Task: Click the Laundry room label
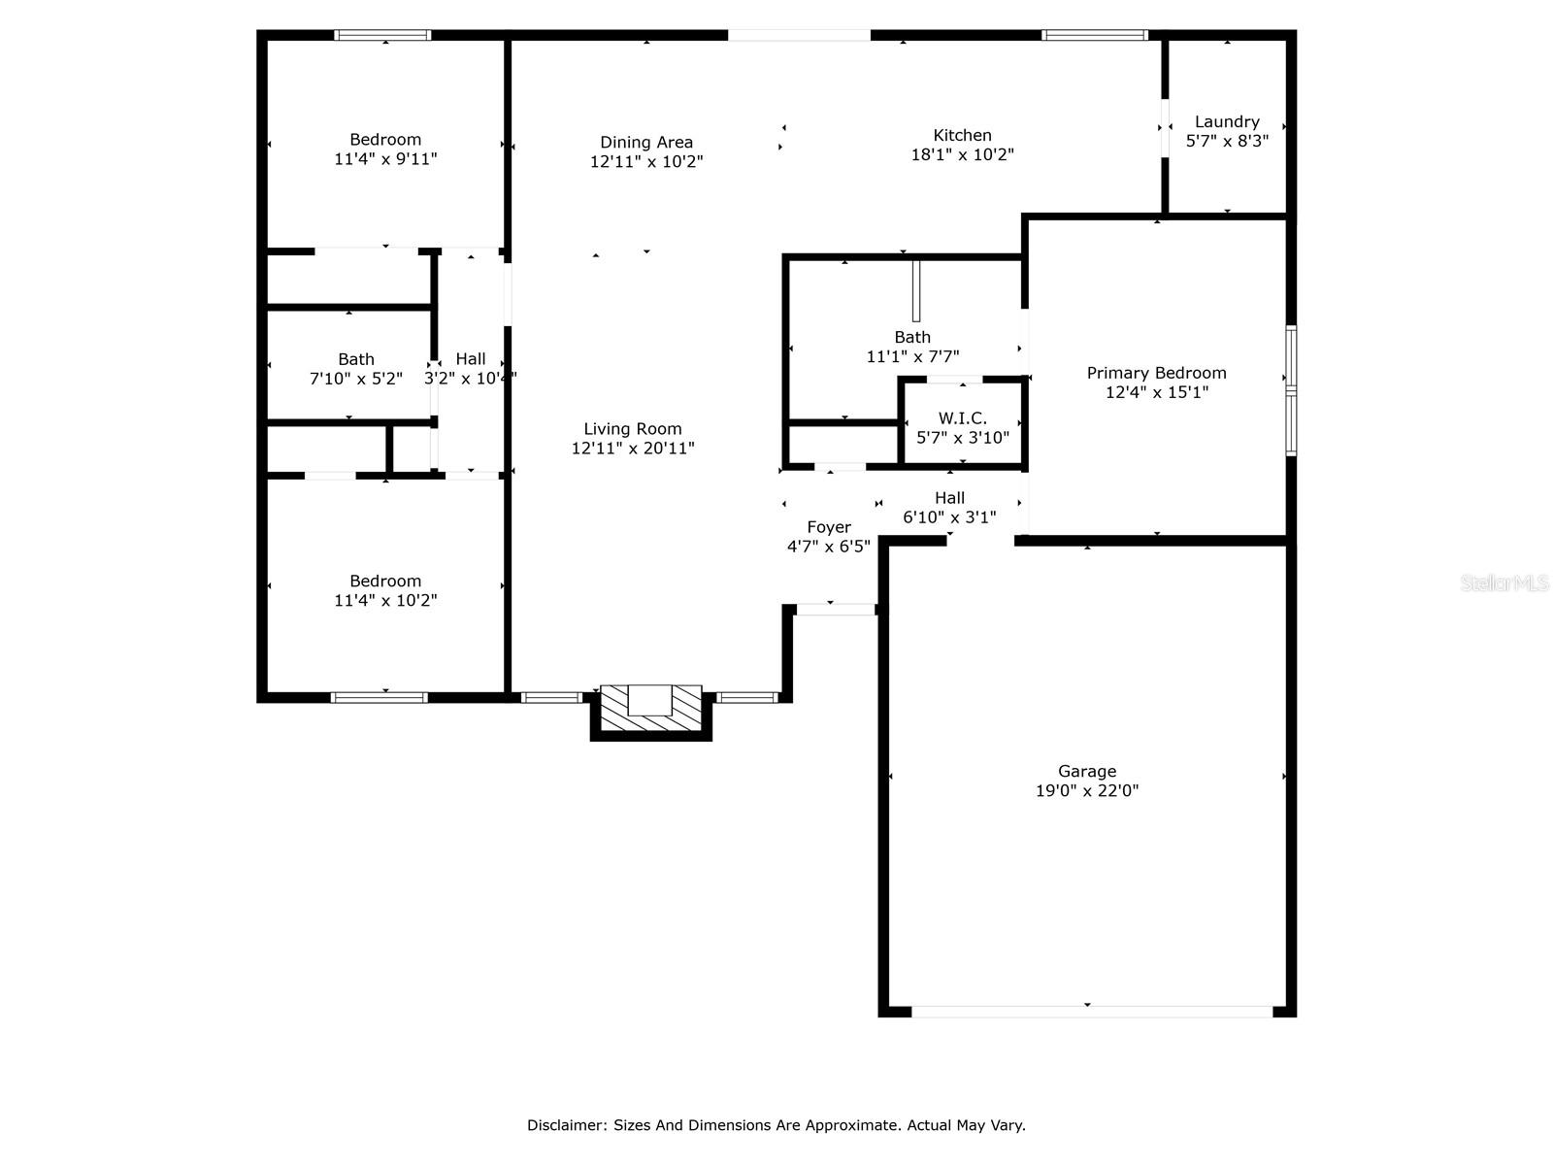[1227, 122]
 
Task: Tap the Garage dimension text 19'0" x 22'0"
[1087, 791]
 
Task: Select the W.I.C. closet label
[962, 418]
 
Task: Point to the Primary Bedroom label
[1156, 373]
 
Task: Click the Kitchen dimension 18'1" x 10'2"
[962, 154]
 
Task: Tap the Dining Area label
[646, 143]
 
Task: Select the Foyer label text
[829, 527]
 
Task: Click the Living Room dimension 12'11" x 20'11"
[633, 449]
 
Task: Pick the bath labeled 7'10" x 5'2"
[356, 369]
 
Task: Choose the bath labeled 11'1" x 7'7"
[912, 347]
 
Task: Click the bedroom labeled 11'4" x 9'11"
[385, 149]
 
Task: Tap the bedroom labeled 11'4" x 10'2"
[385, 590]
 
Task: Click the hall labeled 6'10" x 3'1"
[949, 508]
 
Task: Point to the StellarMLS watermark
[1504, 583]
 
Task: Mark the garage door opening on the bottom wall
[1091, 1012]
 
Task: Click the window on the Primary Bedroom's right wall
[1291, 390]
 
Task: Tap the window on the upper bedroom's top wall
[382, 35]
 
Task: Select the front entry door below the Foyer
[835, 610]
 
